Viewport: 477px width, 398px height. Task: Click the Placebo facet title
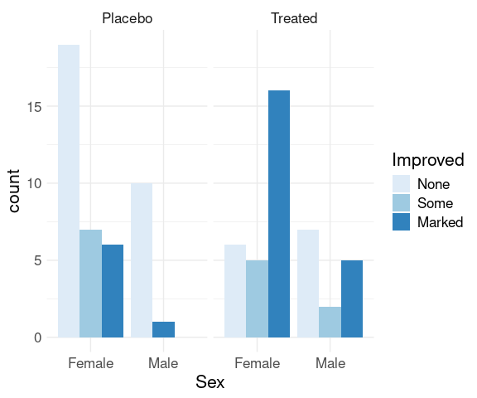pyautogui.click(x=128, y=18)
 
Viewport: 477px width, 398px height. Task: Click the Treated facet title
pyautogui.click(x=294, y=18)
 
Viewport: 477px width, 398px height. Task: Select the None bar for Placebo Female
pyautogui.click(x=69, y=191)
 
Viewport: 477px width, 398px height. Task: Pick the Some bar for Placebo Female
pyautogui.click(x=90, y=284)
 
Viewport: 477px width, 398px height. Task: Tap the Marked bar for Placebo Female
pyautogui.click(x=113, y=291)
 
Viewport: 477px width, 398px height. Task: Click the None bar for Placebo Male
pyautogui.click(x=142, y=260)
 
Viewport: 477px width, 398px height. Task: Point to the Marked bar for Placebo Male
pyautogui.click(x=164, y=329)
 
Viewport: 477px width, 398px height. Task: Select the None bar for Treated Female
pyautogui.click(x=235, y=291)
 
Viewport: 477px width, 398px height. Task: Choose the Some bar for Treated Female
pyautogui.click(x=257, y=298)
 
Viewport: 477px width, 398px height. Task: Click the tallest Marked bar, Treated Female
pyautogui.click(x=279, y=214)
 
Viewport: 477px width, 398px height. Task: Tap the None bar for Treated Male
pyautogui.click(x=308, y=284)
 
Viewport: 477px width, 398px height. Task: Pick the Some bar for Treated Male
pyautogui.click(x=330, y=322)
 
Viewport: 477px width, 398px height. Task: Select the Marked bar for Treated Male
pyautogui.click(x=352, y=298)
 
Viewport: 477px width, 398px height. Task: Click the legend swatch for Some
pyautogui.click(x=401, y=203)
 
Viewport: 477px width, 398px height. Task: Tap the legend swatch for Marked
pyautogui.click(x=401, y=221)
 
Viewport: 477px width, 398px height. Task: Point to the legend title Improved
pyautogui.click(x=428, y=160)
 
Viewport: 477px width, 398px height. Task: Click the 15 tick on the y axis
pyautogui.click(x=34, y=107)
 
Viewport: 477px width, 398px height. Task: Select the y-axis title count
pyautogui.click(x=13, y=191)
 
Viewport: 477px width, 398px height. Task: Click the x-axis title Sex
pyautogui.click(x=210, y=382)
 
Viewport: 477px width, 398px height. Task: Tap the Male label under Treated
pyautogui.click(x=330, y=363)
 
